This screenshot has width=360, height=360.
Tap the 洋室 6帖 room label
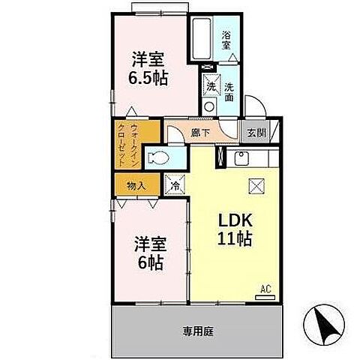pos(149,253)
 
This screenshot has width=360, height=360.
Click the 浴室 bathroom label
pos(226,38)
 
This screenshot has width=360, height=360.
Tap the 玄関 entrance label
pos(255,133)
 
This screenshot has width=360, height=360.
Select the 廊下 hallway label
pos(199,133)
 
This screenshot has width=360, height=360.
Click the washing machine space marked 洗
pos(211,85)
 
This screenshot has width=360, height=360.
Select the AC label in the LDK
pos(265,288)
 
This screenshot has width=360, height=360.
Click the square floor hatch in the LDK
pos(256,186)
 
